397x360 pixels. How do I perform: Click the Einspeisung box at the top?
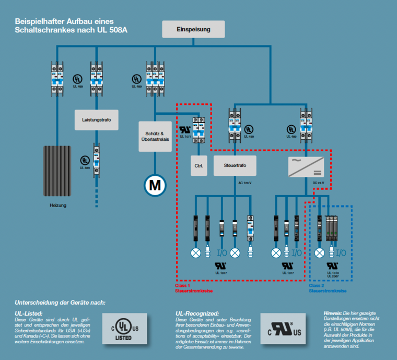pyautogui.click(x=193, y=29)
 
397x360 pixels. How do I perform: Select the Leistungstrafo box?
pyautogui.click(x=97, y=119)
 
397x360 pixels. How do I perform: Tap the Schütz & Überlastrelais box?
pyautogui.click(x=155, y=136)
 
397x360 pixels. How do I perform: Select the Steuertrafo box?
pyautogui.click(x=235, y=165)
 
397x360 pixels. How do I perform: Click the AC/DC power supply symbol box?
pyautogui.click(x=306, y=165)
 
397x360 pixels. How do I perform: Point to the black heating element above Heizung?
pyautogui.click(x=57, y=170)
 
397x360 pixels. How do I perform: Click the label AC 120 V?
pyautogui.click(x=245, y=183)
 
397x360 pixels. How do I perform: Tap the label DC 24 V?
pyautogui.click(x=319, y=183)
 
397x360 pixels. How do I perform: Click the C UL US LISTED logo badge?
pyautogui.click(x=124, y=328)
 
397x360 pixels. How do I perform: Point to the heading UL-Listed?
pyautogui.click(x=29, y=313)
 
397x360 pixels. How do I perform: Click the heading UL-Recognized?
pyautogui.click(x=197, y=313)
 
